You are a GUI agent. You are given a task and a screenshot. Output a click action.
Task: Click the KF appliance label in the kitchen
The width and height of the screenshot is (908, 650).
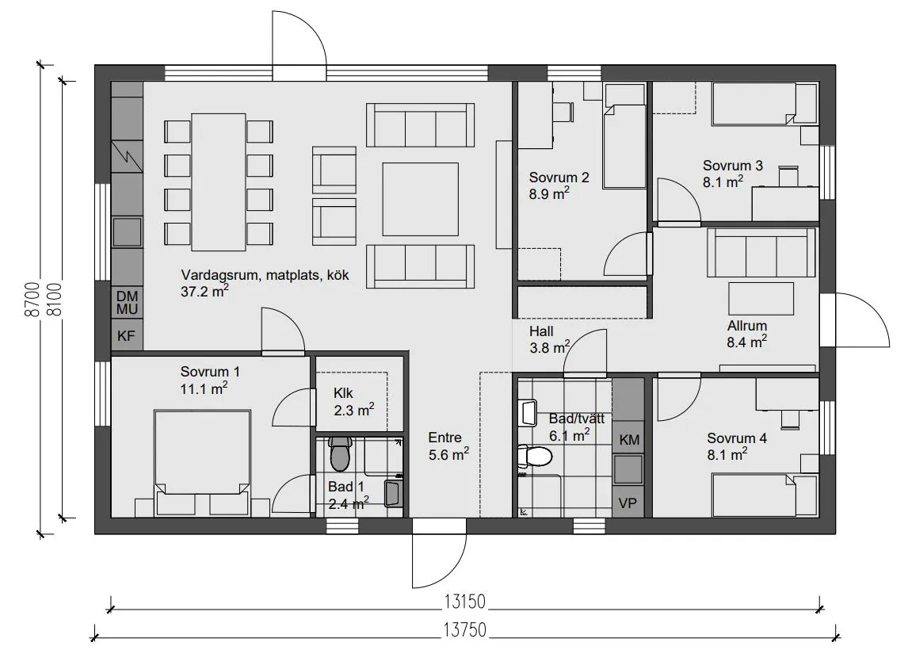coord(126,335)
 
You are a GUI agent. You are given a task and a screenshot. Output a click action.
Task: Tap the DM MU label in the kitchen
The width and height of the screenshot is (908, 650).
coord(127,303)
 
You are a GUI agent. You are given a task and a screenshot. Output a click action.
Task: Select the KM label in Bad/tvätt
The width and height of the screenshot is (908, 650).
coord(629,440)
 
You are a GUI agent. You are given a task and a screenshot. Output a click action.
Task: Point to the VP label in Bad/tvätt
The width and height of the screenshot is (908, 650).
coord(628,503)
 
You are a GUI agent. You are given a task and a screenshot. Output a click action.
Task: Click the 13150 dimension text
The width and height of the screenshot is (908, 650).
coord(464,602)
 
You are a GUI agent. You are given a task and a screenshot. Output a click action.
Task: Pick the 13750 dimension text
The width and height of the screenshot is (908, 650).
coord(464,629)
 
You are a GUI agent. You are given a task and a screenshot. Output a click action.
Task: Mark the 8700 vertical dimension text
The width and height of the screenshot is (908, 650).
coord(32,299)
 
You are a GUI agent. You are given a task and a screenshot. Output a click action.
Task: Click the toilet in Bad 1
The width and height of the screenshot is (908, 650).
coord(339,453)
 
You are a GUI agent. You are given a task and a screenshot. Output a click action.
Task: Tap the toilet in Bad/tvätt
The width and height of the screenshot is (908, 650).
coord(535,457)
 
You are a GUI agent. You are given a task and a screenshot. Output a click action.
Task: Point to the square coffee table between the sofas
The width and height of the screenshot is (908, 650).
coord(421,199)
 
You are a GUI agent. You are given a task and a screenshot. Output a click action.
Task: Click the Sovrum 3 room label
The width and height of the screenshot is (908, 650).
coord(733,174)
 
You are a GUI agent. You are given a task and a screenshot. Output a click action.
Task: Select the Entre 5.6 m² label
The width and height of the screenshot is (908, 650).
coord(448,446)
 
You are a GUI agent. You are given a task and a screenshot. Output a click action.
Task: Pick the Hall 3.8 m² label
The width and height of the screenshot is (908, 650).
coord(549,339)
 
